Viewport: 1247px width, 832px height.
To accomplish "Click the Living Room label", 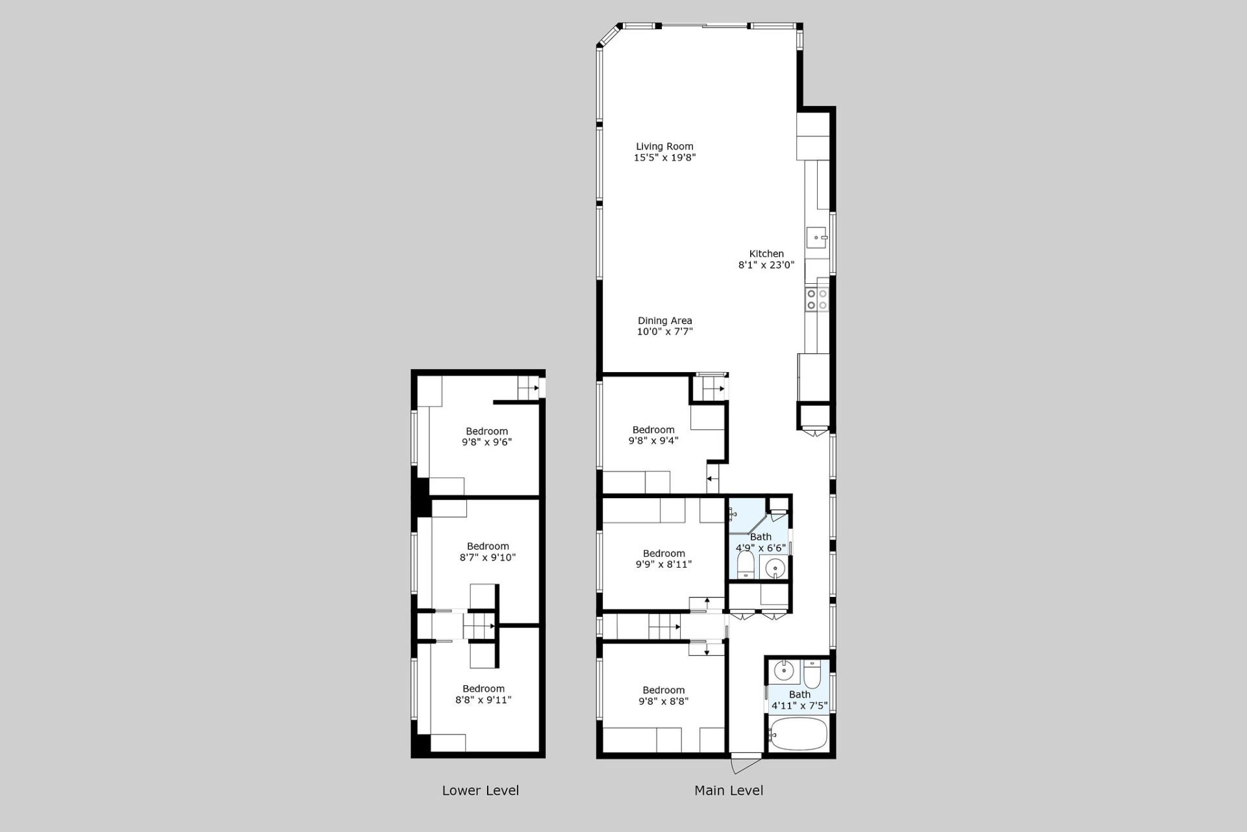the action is [x=664, y=146].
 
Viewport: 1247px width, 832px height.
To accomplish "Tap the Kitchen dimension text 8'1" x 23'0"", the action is [x=766, y=265].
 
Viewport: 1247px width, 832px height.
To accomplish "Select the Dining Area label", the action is [x=664, y=320].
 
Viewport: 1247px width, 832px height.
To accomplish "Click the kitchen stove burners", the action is [x=817, y=299].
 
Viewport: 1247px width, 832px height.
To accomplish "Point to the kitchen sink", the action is [x=816, y=238].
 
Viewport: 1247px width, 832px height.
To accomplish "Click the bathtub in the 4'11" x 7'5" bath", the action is [x=798, y=734].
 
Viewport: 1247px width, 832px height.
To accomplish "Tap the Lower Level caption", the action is [x=481, y=790].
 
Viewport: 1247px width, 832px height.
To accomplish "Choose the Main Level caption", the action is [x=729, y=790].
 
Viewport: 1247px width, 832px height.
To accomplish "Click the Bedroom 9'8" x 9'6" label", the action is [x=486, y=436].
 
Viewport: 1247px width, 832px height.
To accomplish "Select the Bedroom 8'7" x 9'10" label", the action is [x=488, y=551].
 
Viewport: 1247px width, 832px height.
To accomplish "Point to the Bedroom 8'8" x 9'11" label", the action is [x=483, y=694].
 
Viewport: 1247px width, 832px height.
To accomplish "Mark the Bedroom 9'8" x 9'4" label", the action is [x=653, y=435].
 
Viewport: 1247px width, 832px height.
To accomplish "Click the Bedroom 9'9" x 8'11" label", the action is [x=664, y=559].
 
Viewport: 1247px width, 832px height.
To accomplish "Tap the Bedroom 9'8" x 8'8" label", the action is [x=664, y=696].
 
